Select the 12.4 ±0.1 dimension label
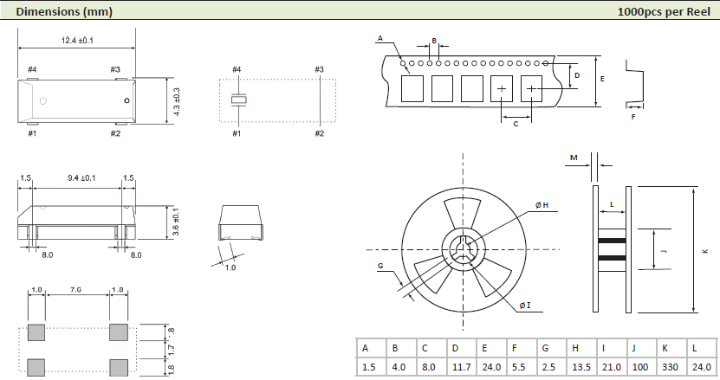(x=78, y=41)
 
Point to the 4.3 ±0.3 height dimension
(x=177, y=102)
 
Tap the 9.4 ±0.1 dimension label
(x=82, y=178)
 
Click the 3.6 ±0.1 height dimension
(x=176, y=222)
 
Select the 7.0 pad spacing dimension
(x=76, y=290)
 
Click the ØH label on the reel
(x=543, y=205)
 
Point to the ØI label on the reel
(x=525, y=306)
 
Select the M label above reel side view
(x=574, y=158)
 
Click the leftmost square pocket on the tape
(x=412, y=88)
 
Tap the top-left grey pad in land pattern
(x=36, y=332)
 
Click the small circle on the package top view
(x=126, y=100)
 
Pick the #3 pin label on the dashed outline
(x=319, y=69)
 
